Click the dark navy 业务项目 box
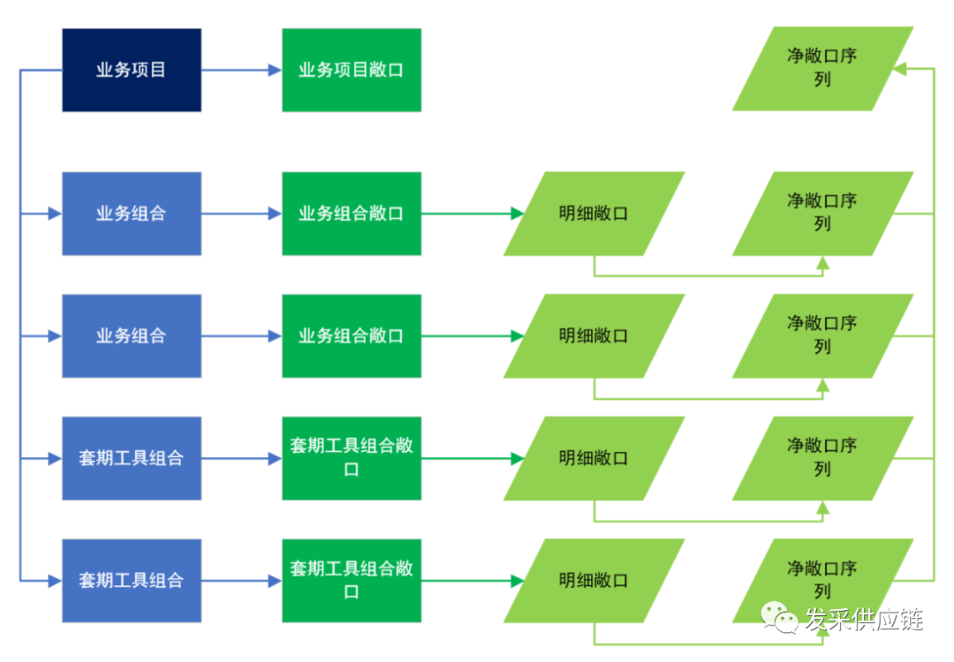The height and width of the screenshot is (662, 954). point(132,70)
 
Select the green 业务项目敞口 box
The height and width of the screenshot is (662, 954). point(352,70)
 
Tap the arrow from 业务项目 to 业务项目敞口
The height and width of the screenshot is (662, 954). point(241,70)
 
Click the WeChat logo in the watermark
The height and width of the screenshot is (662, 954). point(779,617)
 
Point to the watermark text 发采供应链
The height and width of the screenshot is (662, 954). point(864,620)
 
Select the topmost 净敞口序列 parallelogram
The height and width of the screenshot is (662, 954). point(822,69)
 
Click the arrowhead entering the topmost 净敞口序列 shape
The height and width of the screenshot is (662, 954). point(899,69)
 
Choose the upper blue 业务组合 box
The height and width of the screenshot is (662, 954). point(132,214)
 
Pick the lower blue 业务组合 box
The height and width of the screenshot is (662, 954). point(132,336)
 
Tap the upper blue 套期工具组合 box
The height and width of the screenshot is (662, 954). point(132,458)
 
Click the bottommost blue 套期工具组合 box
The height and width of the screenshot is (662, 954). point(132,581)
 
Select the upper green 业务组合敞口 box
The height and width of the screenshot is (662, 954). point(352,214)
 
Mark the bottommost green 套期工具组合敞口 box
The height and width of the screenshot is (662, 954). point(352,581)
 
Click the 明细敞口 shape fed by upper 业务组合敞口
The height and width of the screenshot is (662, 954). point(594,214)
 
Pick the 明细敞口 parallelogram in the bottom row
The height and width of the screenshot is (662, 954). point(594,581)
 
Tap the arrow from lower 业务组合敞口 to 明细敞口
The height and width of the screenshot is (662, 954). point(473,336)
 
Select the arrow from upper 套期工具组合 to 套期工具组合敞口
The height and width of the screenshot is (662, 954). point(241,458)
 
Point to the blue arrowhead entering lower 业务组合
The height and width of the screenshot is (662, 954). point(55,336)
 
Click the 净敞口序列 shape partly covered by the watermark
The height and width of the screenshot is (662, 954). point(822,581)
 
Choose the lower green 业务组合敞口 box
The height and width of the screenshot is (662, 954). point(352,336)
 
